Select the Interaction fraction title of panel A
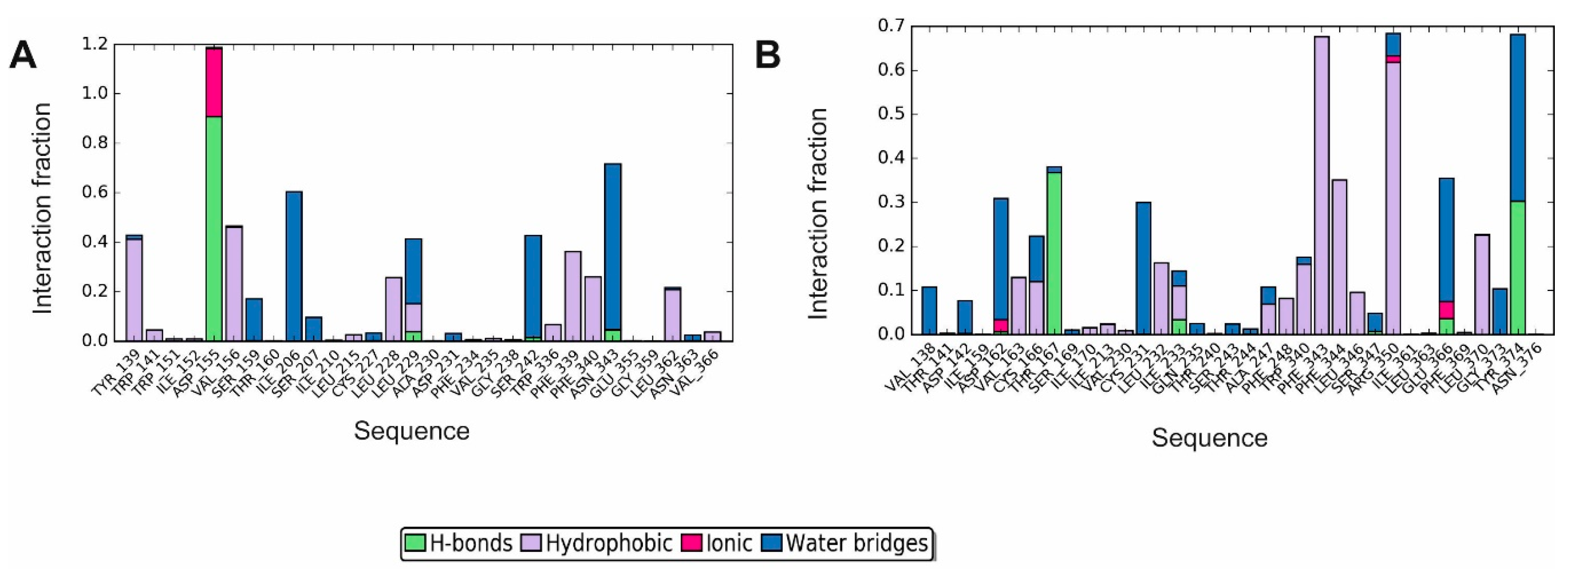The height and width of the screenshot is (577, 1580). coord(43,208)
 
